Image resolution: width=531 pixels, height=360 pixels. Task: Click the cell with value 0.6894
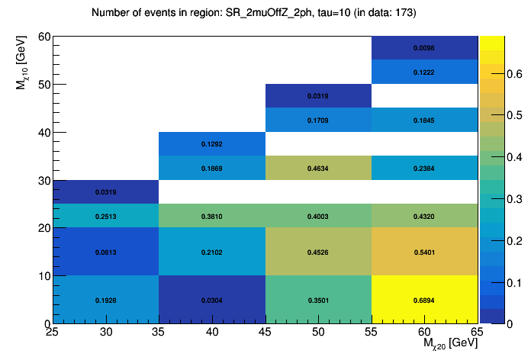(424, 300)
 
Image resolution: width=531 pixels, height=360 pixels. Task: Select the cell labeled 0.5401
(424, 252)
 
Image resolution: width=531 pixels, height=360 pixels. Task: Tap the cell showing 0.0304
(211, 300)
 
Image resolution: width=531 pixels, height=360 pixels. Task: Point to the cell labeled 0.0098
(424, 47)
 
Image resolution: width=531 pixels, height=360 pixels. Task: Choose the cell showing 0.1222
(424, 72)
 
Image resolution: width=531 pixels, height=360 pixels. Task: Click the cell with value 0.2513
(105, 216)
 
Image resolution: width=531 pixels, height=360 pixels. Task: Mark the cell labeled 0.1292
(211, 143)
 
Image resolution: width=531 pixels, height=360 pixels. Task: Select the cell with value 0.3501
(318, 300)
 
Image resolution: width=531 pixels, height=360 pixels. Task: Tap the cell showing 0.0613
(105, 252)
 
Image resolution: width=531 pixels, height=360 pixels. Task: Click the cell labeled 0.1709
(318, 120)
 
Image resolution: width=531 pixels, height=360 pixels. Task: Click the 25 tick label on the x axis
(53, 332)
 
